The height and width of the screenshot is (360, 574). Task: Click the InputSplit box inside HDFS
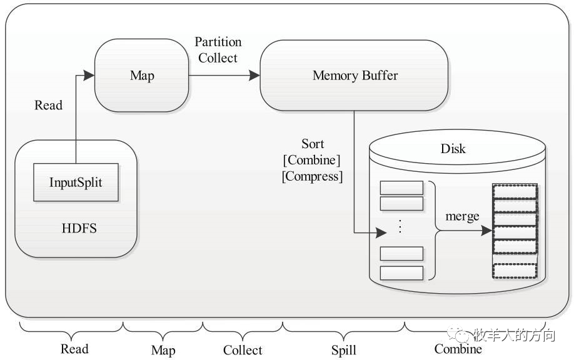76,182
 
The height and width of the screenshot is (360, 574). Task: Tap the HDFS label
79,228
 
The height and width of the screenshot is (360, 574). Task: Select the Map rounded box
142,76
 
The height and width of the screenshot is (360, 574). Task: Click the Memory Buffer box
354,76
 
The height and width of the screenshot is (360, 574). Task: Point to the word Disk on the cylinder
453,149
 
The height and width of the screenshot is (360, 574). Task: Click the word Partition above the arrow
218,42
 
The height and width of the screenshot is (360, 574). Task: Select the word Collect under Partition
218,57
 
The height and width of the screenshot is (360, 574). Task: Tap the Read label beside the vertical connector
48,106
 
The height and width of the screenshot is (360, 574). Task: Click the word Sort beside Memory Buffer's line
313,144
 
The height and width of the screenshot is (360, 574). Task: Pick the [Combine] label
312,160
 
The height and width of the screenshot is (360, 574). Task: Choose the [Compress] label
312,176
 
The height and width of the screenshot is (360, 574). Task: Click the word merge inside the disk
462,217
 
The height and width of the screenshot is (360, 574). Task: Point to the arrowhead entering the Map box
89,76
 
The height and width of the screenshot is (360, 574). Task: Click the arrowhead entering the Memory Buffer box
254,76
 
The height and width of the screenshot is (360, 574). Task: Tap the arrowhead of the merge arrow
486,231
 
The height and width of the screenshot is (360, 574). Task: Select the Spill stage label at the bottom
344,350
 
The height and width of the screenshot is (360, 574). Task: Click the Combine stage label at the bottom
458,349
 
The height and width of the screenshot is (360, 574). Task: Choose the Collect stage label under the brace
243,350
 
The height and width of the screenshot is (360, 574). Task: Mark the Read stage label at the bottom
74,349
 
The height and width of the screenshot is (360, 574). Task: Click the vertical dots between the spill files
400,226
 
